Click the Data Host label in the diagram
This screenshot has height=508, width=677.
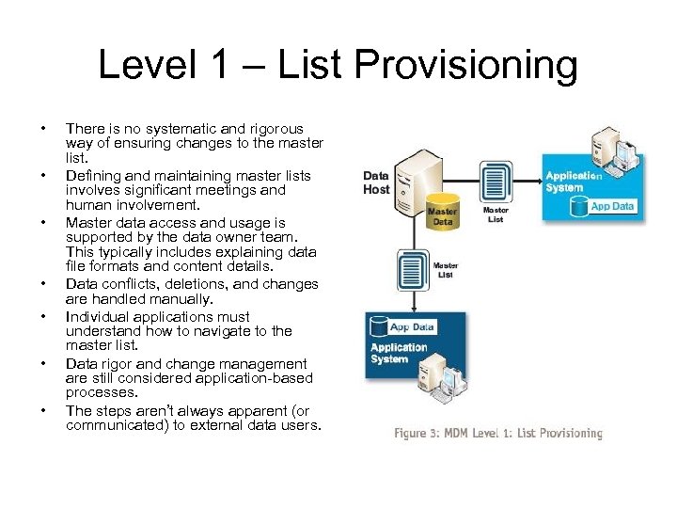click(x=376, y=183)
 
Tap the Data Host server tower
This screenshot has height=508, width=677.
click(x=414, y=179)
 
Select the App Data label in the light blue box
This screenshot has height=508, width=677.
click(x=612, y=206)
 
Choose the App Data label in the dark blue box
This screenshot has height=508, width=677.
click(x=411, y=327)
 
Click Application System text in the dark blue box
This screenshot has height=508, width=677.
click(x=399, y=353)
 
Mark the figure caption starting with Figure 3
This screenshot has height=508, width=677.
click(x=497, y=434)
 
